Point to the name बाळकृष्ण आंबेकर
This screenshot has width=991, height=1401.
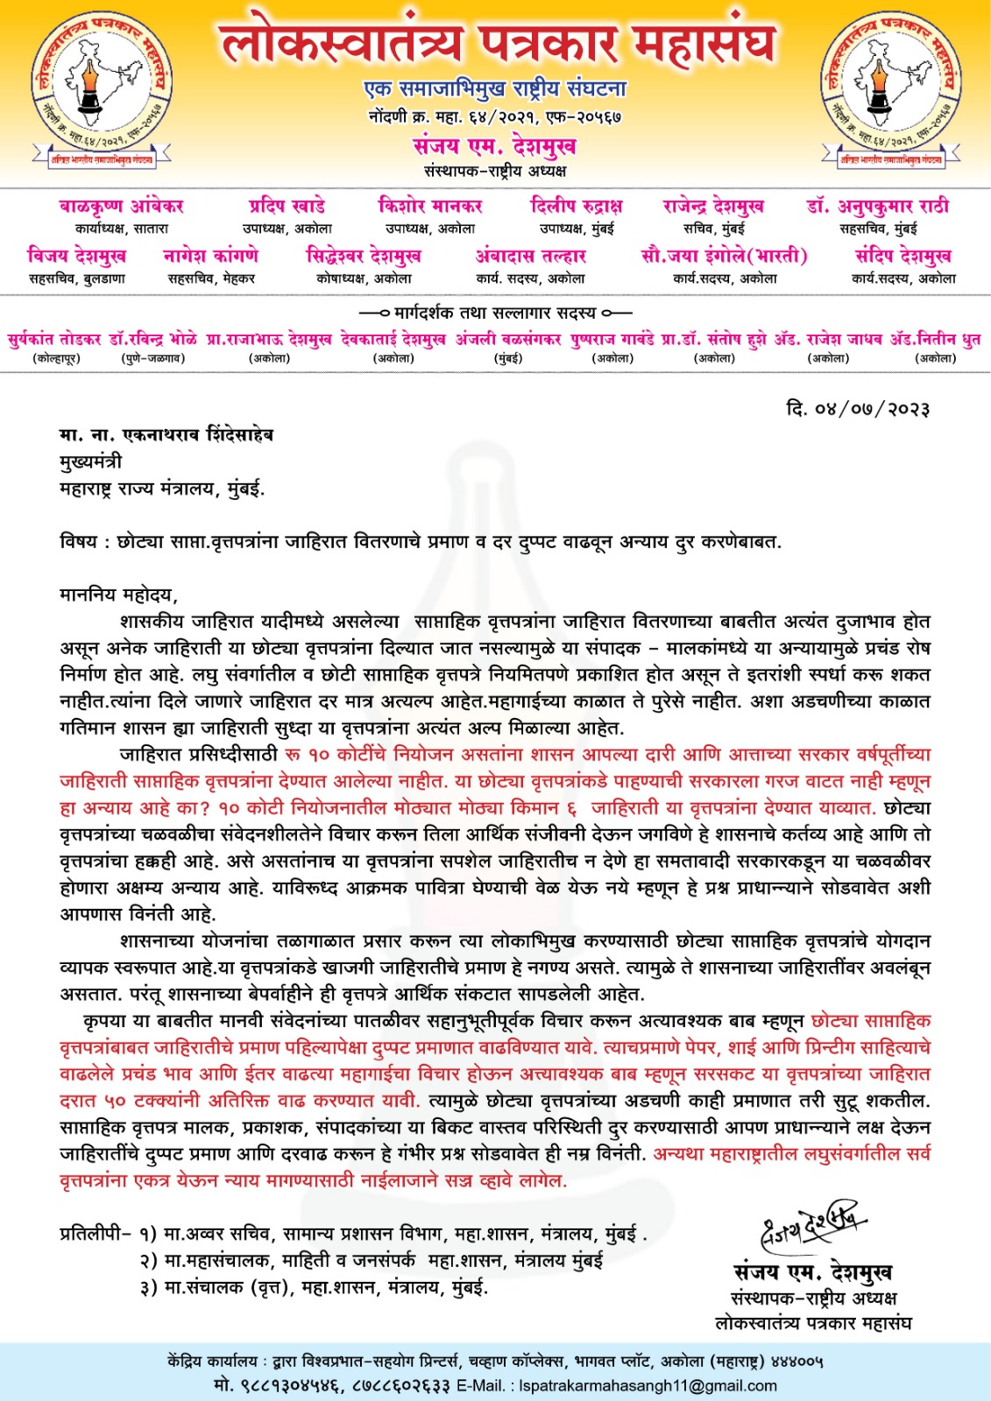(122, 207)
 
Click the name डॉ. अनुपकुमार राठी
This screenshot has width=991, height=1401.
(878, 207)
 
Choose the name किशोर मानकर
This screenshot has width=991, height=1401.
(430, 207)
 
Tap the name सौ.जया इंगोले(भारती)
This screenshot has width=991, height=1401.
(724, 256)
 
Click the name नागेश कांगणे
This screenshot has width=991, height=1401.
(211, 256)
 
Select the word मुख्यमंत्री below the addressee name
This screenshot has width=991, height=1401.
(91, 461)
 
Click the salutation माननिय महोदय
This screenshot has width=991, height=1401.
(117, 595)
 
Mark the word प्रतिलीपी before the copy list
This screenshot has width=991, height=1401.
(92, 1235)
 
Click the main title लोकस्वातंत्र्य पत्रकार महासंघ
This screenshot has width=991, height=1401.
(497, 44)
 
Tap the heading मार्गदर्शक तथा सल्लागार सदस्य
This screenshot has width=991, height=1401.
(495, 313)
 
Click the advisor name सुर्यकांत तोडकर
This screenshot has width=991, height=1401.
(54, 339)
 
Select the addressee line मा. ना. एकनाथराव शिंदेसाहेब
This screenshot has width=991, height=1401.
(166, 434)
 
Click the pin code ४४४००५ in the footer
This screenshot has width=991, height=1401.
(796, 1362)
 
